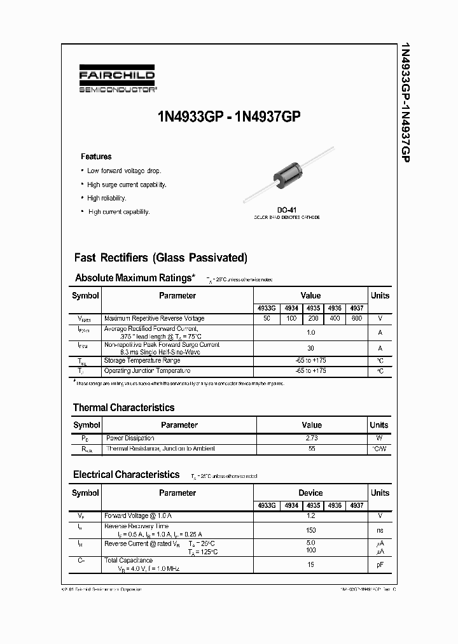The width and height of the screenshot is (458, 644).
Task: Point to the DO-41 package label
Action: pyautogui.click(x=287, y=210)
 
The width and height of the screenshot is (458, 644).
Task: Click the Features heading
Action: pyautogui.click(x=96, y=157)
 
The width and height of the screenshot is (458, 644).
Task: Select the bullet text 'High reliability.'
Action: pyautogui.click(x=107, y=198)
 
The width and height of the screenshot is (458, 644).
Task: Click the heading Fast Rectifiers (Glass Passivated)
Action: pyautogui.click(x=160, y=258)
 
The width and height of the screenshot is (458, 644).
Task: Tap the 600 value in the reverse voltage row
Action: pyautogui.click(x=356, y=318)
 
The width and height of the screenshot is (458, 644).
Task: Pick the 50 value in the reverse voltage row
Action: pyautogui.click(x=267, y=318)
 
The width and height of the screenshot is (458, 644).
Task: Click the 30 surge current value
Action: pyautogui.click(x=311, y=348)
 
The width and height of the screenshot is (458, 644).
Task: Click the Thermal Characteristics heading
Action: pyautogui.click(x=123, y=407)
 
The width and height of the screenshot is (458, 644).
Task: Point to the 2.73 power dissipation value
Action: pyautogui.click(x=311, y=438)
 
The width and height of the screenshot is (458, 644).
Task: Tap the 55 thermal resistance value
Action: pyautogui.click(x=311, y=449)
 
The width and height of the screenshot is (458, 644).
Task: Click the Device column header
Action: pyautogui.click(x=310, y=493)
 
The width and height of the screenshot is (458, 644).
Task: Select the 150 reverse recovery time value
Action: pyautogui.click(x=311, y=530)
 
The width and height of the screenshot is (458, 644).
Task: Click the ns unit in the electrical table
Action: pyautogui.click(x=380, y=530)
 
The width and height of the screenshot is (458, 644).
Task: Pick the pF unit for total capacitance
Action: pyautogui.click(x=380, y=564)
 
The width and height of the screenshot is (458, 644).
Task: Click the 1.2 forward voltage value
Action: pyautogui.click(x=311, y=516)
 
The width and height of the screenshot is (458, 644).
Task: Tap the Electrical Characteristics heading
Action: pyautogui.click(x=126, y=475)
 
